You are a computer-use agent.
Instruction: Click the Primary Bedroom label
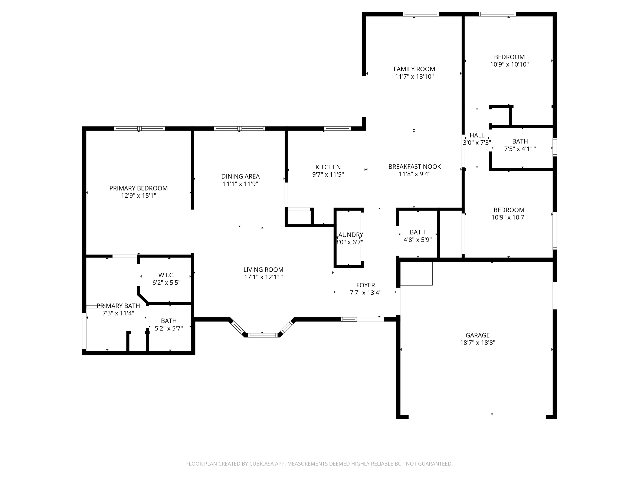coord(138,188)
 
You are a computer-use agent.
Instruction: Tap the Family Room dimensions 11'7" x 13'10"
coord(414,76)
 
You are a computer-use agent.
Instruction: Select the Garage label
coord(478,335)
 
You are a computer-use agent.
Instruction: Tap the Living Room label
coord(263,269)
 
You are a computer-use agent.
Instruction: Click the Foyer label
coord(366,285)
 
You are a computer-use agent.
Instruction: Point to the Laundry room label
coord(350,235)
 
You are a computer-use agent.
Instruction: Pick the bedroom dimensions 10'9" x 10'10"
coord(509,64)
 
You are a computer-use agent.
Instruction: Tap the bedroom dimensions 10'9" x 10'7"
coord(509,217)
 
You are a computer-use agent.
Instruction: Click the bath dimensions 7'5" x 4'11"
coord(520,149)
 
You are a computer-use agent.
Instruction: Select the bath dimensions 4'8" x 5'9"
coord(418,240)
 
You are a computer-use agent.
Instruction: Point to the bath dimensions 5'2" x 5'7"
coord(169,328)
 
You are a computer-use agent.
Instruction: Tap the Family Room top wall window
coord(421,14)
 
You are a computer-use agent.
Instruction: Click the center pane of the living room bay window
coord(263,335)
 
